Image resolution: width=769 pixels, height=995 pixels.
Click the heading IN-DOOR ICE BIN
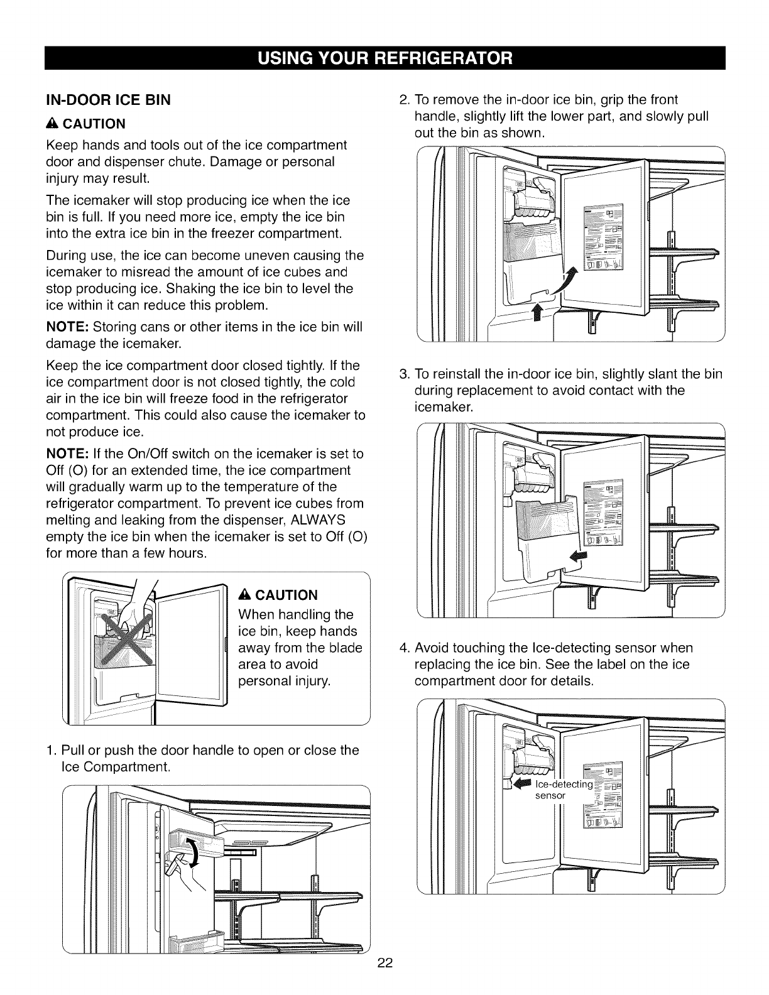click(x=108, y=100)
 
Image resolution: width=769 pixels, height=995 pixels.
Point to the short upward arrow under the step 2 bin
click(x=537, y=312)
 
